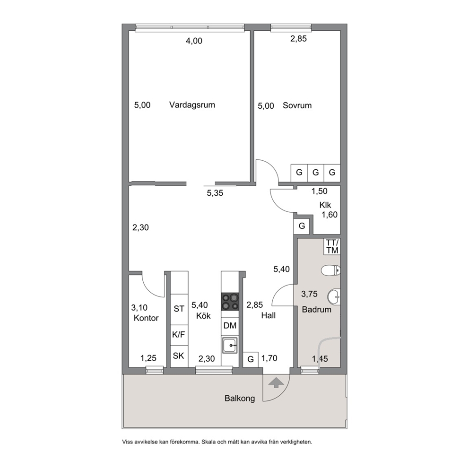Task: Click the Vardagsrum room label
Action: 192,105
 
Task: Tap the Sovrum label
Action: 297,105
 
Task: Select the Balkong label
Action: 240,399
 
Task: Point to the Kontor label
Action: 146,318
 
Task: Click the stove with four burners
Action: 230,302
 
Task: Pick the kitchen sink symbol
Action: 230,346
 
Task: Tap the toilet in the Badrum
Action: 330,271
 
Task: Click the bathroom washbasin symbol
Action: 333,297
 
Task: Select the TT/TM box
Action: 332,246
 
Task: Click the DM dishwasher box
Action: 230,326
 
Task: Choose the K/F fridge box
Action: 179,335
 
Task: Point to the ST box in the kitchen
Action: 179,309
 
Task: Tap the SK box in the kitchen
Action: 179,356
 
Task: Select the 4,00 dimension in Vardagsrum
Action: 194,41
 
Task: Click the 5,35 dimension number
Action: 215,193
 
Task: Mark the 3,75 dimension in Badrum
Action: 309,294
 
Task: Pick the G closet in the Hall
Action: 251,359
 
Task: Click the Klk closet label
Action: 325,205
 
